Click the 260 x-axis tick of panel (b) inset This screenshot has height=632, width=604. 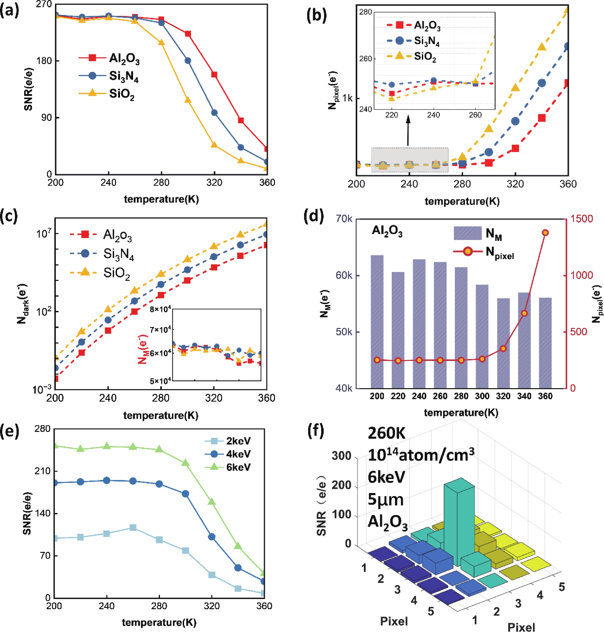tap(475, 115)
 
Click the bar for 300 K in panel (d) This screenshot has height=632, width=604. tap(482, 336)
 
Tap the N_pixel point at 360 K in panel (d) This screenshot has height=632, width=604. tap(545, 233)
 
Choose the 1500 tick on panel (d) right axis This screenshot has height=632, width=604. tap(581, 219)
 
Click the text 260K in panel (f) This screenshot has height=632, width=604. tap(386, 433)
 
